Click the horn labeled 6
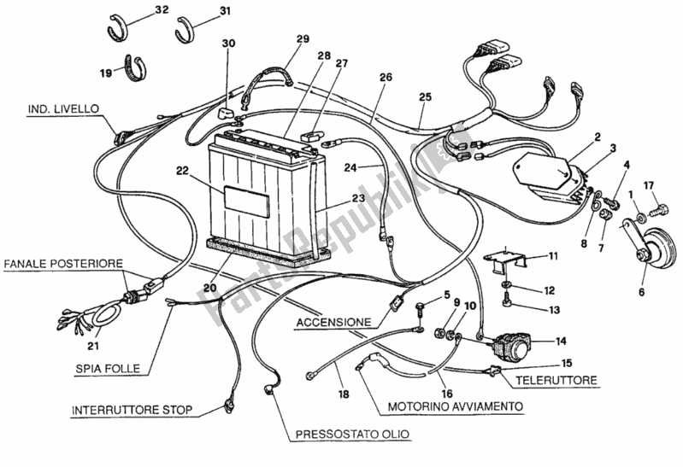(653, 249)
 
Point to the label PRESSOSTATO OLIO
(352, 435)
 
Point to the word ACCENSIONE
(334, 323)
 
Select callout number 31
(225, 10)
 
